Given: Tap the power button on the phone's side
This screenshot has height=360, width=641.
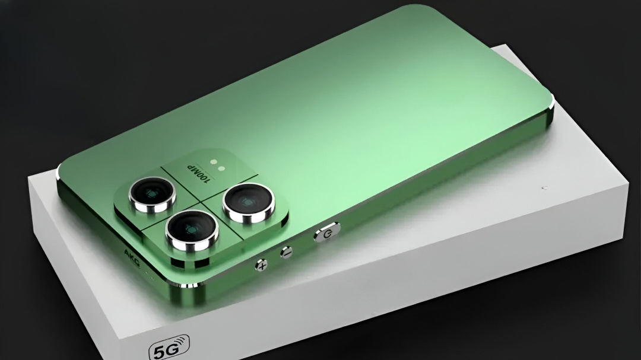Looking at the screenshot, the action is [327, 232].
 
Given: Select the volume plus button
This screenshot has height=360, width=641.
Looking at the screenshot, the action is [261, 265].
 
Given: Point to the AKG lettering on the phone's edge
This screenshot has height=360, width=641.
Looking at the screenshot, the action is [132, 257].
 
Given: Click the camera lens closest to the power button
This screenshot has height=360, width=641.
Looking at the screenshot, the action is [248, 203].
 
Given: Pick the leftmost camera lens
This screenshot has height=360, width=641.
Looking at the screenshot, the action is [153, 194].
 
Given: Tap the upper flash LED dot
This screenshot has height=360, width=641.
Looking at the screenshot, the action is [213, 162].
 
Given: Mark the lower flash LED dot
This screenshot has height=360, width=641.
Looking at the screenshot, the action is [221, 168].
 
